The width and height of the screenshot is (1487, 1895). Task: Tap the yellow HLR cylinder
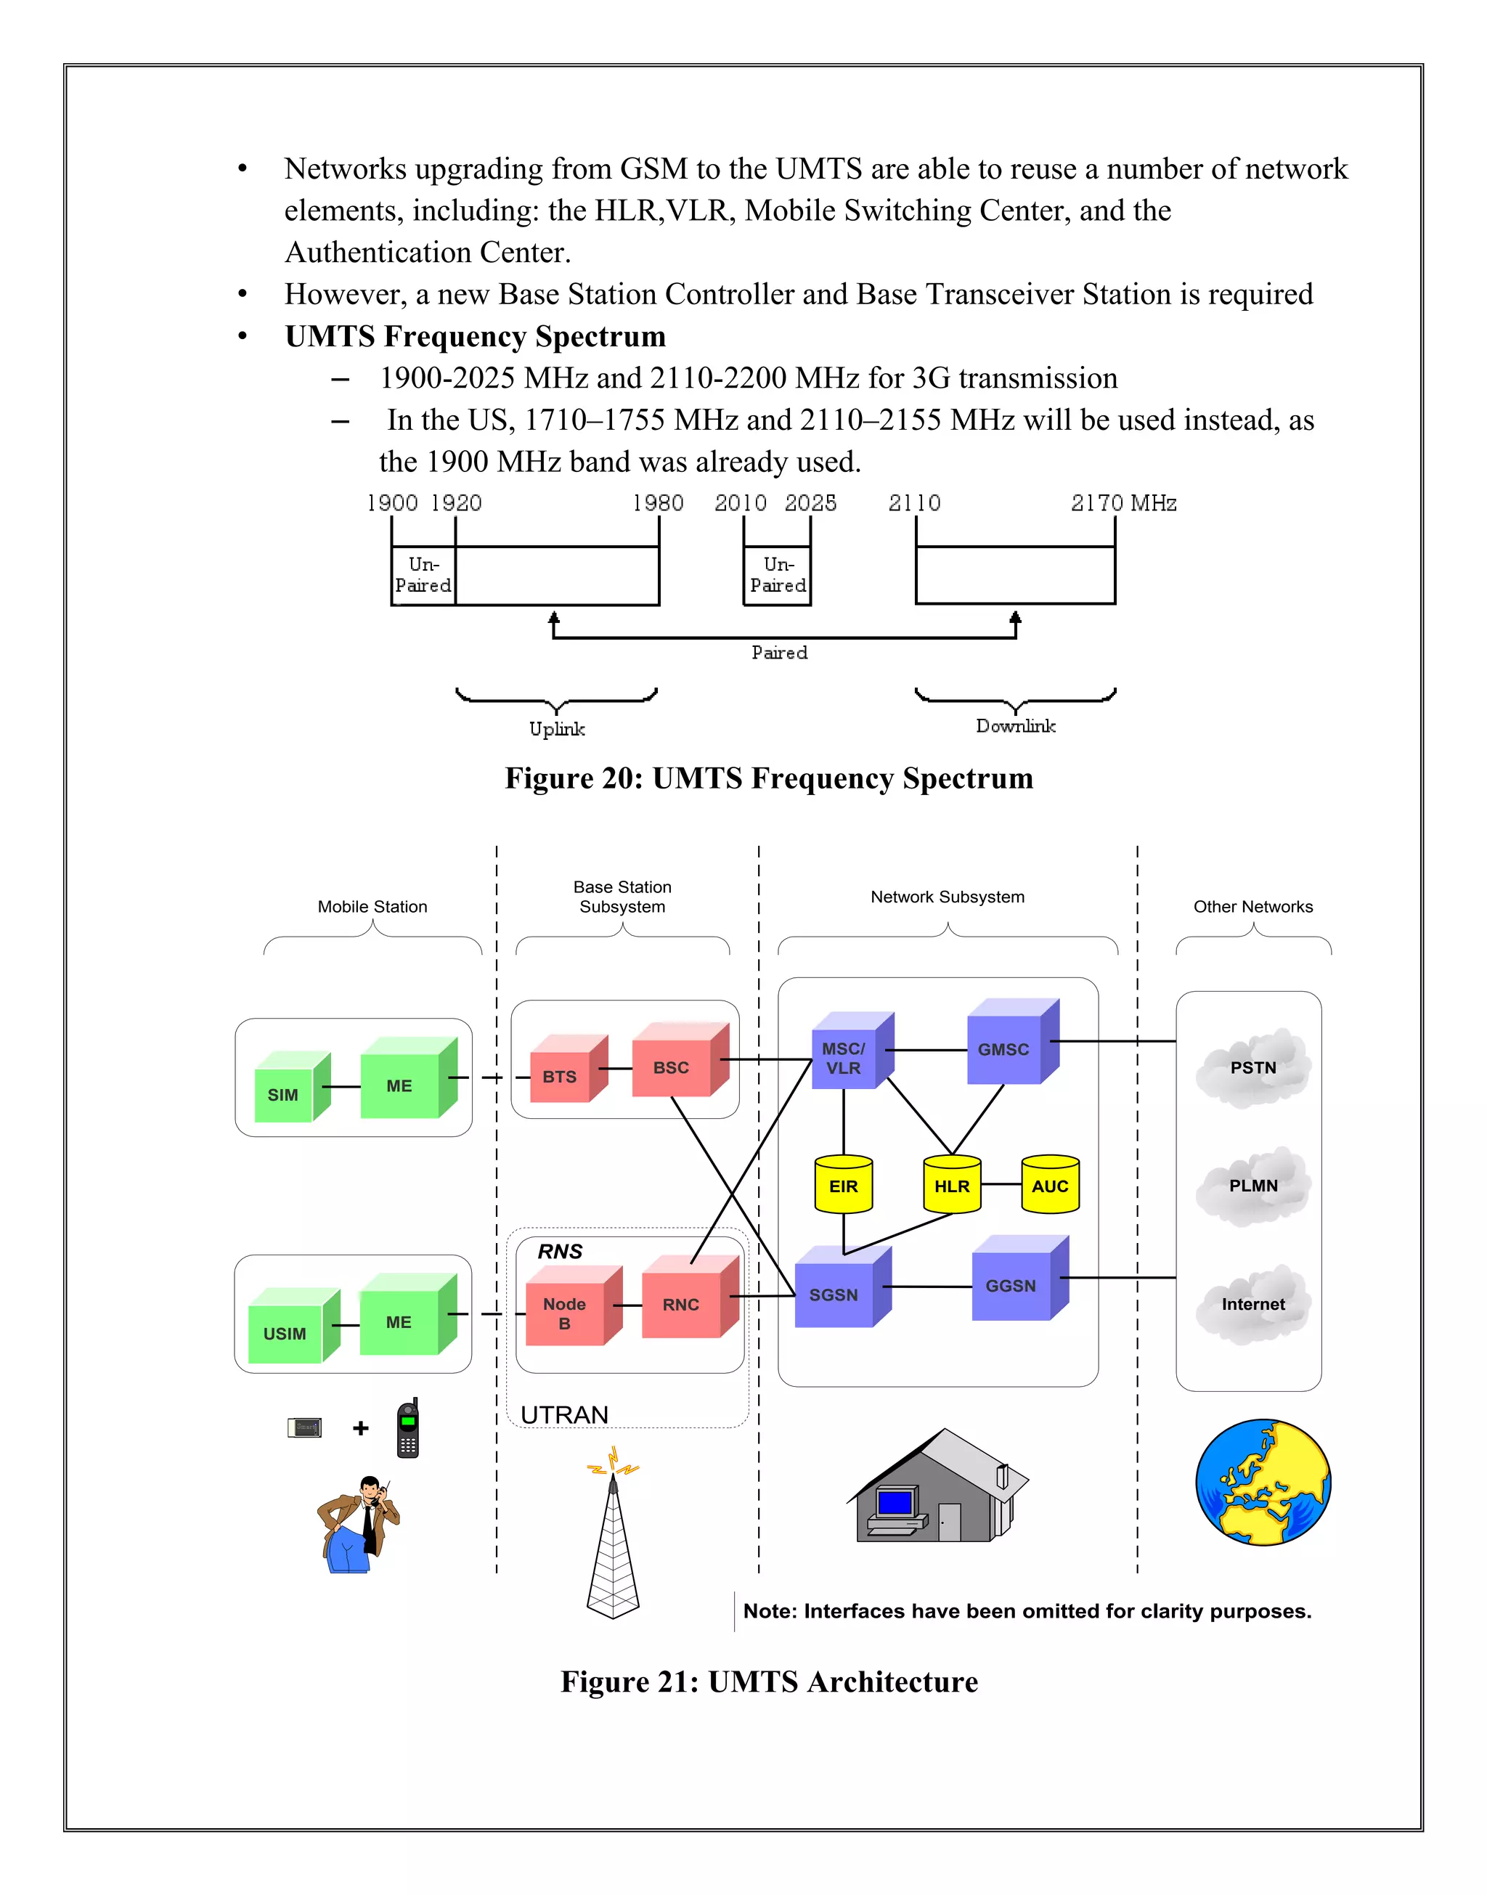[x=952, y=1186]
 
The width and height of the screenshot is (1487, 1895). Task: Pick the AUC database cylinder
[x=1050, y=1186]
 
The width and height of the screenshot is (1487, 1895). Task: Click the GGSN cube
[x=1011, y=1286]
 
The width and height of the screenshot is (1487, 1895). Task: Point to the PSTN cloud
[x=1252, y=1068]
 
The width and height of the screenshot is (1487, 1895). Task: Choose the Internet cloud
[x=1252, y=1304]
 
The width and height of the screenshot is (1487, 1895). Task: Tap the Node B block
[x=565, y=1313]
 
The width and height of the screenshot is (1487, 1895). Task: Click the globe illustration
[x=1263, y=1483]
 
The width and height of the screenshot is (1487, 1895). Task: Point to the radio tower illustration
[x=613, y=1541]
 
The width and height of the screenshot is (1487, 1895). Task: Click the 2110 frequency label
[x=914, y=503]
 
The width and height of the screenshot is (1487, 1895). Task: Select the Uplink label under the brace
[x=557, y=728]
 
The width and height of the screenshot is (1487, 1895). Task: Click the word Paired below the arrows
[x=779, y=653]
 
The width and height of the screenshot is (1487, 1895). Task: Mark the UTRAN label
[x=564, y=1414]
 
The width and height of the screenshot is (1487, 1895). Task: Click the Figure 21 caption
[x=769, y=1682]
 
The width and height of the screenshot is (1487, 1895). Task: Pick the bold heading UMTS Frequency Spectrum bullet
[x=476, y=336]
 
